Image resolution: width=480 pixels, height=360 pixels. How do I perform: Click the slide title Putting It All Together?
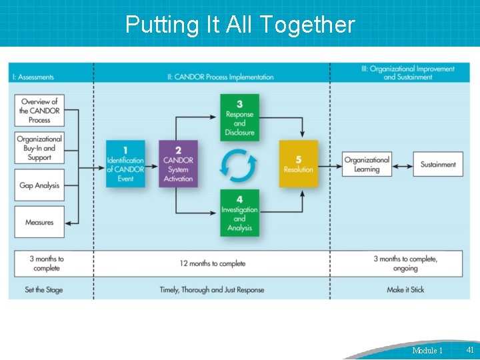pos(240,25)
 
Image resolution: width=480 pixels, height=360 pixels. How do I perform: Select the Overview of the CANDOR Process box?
pos(39,111)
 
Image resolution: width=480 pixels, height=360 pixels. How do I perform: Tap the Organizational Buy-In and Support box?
pos(39,148)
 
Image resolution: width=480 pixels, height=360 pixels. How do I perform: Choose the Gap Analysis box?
pos(39,185)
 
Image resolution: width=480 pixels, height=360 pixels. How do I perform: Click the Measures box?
pos(39,222)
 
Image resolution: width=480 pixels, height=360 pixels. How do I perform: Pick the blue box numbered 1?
pos(125,163)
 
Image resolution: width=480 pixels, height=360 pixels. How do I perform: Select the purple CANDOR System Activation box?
pos(178,163)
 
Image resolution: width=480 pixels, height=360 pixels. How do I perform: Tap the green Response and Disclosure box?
pos(239,117)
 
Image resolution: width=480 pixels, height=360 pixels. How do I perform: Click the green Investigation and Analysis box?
pos(239,213)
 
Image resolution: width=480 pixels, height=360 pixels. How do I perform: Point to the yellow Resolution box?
pos(299,163)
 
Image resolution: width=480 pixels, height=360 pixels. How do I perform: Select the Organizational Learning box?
pos(366,165)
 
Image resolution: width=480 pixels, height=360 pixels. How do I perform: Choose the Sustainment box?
pos(438,165)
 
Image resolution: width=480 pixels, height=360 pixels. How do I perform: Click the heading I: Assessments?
pos(33,77)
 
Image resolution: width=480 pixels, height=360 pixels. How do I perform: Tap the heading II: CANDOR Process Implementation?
pos(220,77)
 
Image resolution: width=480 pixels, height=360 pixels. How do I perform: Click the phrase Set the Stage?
pos(44,290)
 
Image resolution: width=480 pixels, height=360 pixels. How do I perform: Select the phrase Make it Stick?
pos(405,290)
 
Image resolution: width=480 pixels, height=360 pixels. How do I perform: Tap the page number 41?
pos(470,349)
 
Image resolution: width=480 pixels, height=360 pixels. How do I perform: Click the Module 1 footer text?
pos(427,350)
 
